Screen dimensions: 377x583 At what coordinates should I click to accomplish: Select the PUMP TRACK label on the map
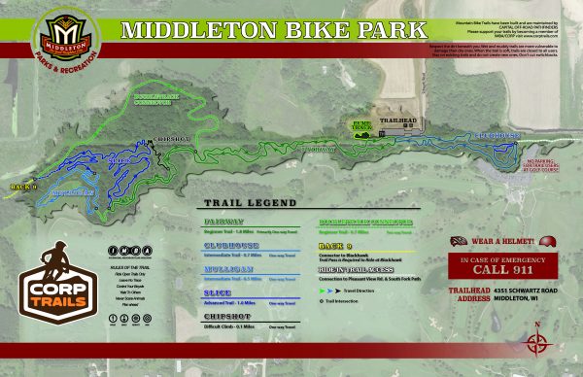(x=359, y=125)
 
